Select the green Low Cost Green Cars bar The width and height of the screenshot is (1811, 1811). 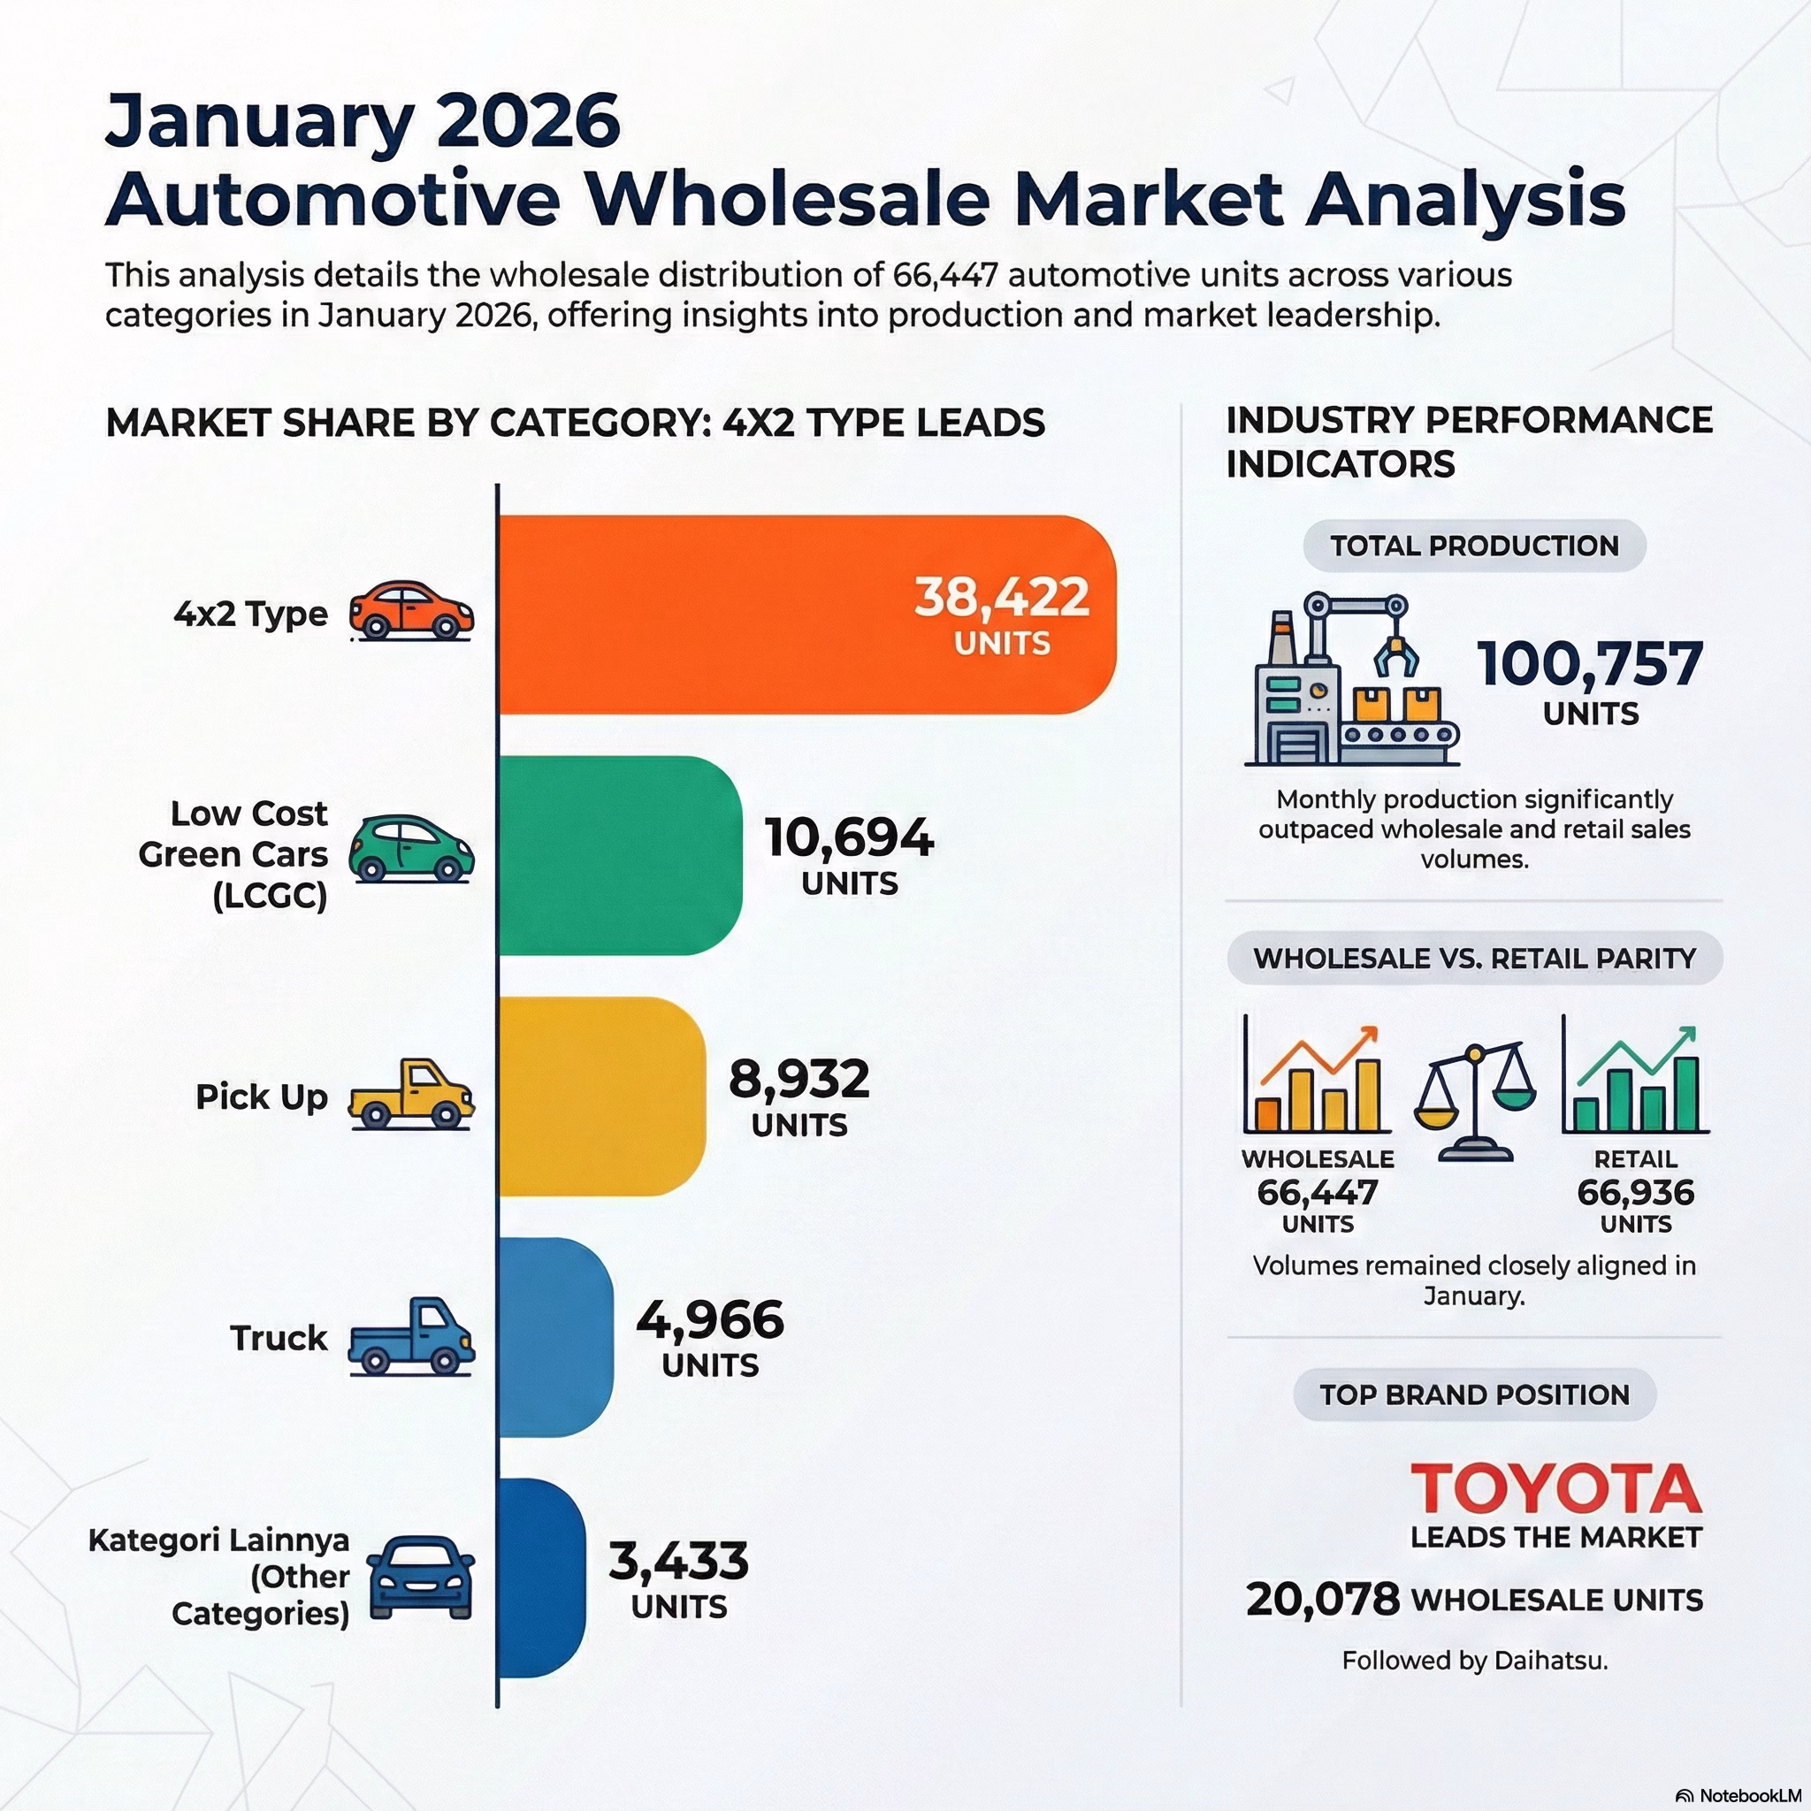(x=619, y=855)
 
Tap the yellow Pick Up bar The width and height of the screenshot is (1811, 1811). (x=600, y=1096)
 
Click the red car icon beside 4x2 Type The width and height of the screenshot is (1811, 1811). (x=411, y=610)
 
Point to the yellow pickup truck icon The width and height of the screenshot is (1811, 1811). (x=411, y=1094)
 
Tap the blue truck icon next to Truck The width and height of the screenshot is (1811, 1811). (x=411, y=1337)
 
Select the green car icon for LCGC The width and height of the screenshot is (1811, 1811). (x=411, y=849)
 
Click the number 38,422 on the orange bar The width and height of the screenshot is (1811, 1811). (x=1001, y=597)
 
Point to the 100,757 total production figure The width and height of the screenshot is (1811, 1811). (x=1590, y=664)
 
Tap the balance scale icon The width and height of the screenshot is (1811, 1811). (x=1474, y=1103)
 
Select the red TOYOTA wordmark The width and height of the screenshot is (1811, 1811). (x=1555, y=1489)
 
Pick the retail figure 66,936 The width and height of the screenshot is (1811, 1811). (x=1636, y=1192)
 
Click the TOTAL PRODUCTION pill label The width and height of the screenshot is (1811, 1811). (x=1474, y=546)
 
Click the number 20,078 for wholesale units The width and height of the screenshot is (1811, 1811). (x=1323, y=1599)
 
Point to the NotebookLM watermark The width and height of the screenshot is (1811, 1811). (x=1742, y=1795)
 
